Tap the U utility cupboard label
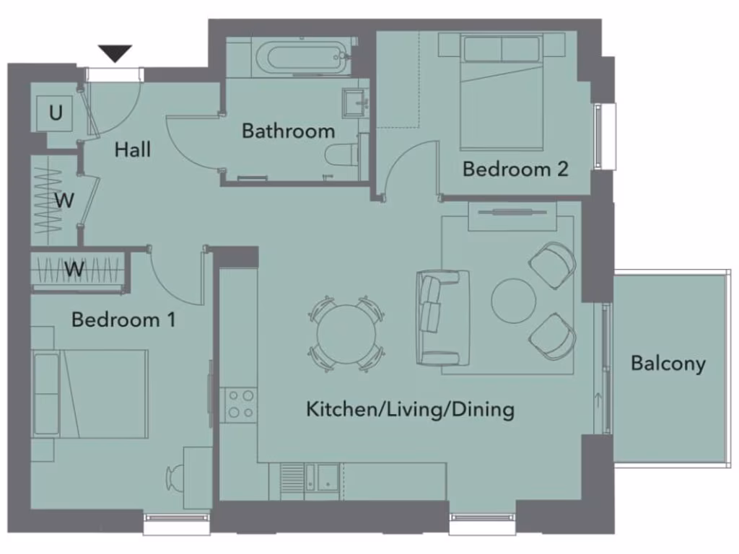pos(56,113)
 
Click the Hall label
pos(134,150)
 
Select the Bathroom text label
pos(288,131)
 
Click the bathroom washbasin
pos(354,102)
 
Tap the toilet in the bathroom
pos(341,154)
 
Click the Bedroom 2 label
pos(515,170)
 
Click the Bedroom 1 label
pos(123,320)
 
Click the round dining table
pos(346,334)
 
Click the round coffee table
pos(514,301)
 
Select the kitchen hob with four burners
pos(239,405)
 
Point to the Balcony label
pos(668,364)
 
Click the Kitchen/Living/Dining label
pos(410,410)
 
